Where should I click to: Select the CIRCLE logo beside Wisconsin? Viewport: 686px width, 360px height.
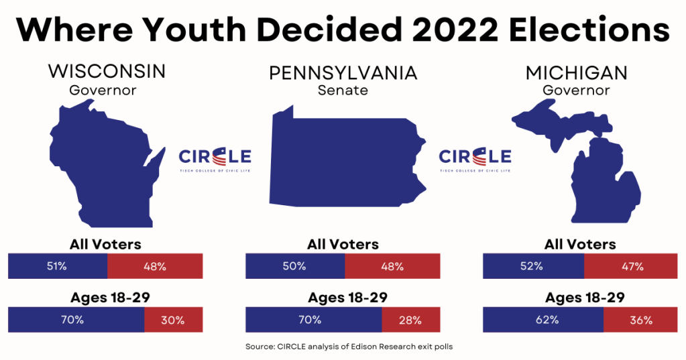pyautogui.click(x=215, y=160)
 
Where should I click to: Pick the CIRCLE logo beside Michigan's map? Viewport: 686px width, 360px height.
pyautogui.click(x=475, y=160)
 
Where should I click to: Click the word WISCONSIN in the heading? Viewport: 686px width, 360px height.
pyautogui.click(x=107, y=71)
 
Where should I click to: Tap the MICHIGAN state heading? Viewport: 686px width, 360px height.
pyautogui.click(x=577, y=72)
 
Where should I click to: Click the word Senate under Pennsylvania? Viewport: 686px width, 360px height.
pyautogui.click(x=343, y=91)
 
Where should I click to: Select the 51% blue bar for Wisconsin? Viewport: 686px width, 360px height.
pyautogui.click(x=58, y=266)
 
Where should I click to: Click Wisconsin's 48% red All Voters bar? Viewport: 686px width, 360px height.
pyautogui.click(x=154, y=266)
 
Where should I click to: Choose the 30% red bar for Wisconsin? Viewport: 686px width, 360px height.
pyautogui.click(x=173, y=320)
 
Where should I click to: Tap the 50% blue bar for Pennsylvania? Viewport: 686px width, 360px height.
pyautogui.click(x=295, y=266)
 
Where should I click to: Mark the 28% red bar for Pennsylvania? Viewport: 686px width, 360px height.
pyautogui.click(x=410, y=320)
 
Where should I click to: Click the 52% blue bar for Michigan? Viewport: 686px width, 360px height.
pyautogui.click(x=533, y=266)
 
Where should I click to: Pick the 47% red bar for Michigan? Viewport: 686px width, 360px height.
pyautogui.click(x=630, y=266)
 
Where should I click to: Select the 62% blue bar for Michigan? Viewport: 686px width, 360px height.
pyautogui.click(x=543, y=320)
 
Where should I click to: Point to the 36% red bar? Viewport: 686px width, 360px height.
pyautogui.click(x=640, y=320)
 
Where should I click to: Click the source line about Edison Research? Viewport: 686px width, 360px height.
pyautogui.click(x=343, y=347)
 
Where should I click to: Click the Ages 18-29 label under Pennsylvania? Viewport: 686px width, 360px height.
pyautogui.click(x=343, y=298)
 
